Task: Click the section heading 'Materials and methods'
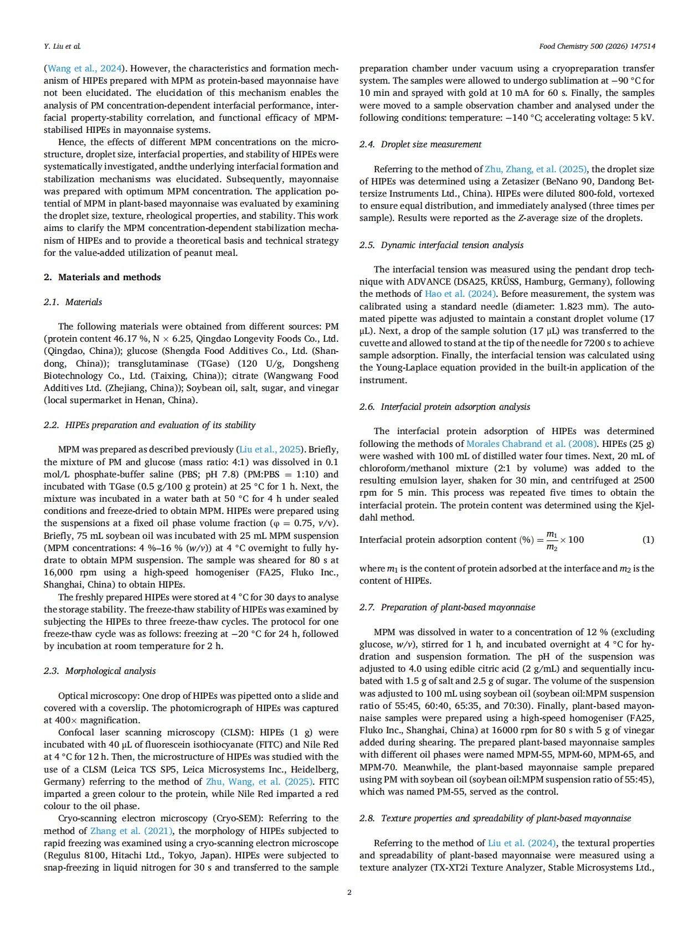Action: [109, 277]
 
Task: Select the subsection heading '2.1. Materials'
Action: [73, 302]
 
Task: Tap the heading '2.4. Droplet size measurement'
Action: [420, 145]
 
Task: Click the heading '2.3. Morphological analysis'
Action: [99, 671]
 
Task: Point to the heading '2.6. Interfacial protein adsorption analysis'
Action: [444, 407]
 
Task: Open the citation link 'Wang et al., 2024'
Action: [84, 69]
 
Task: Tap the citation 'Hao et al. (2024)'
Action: [460, 294]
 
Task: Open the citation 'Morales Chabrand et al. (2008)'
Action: [531, 444]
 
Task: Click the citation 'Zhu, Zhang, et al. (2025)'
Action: [536, 169]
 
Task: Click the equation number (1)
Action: [647, 539]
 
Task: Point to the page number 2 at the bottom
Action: [349, 892]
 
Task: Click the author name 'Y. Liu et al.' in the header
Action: [62, 46]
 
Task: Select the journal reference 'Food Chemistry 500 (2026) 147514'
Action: [597, 46]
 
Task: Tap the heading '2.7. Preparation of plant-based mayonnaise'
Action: [447, 607]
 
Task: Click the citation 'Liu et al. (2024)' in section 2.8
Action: [522, 843]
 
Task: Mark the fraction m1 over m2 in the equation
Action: [552, 540]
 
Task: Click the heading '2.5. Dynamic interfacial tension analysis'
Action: [441, 245]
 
